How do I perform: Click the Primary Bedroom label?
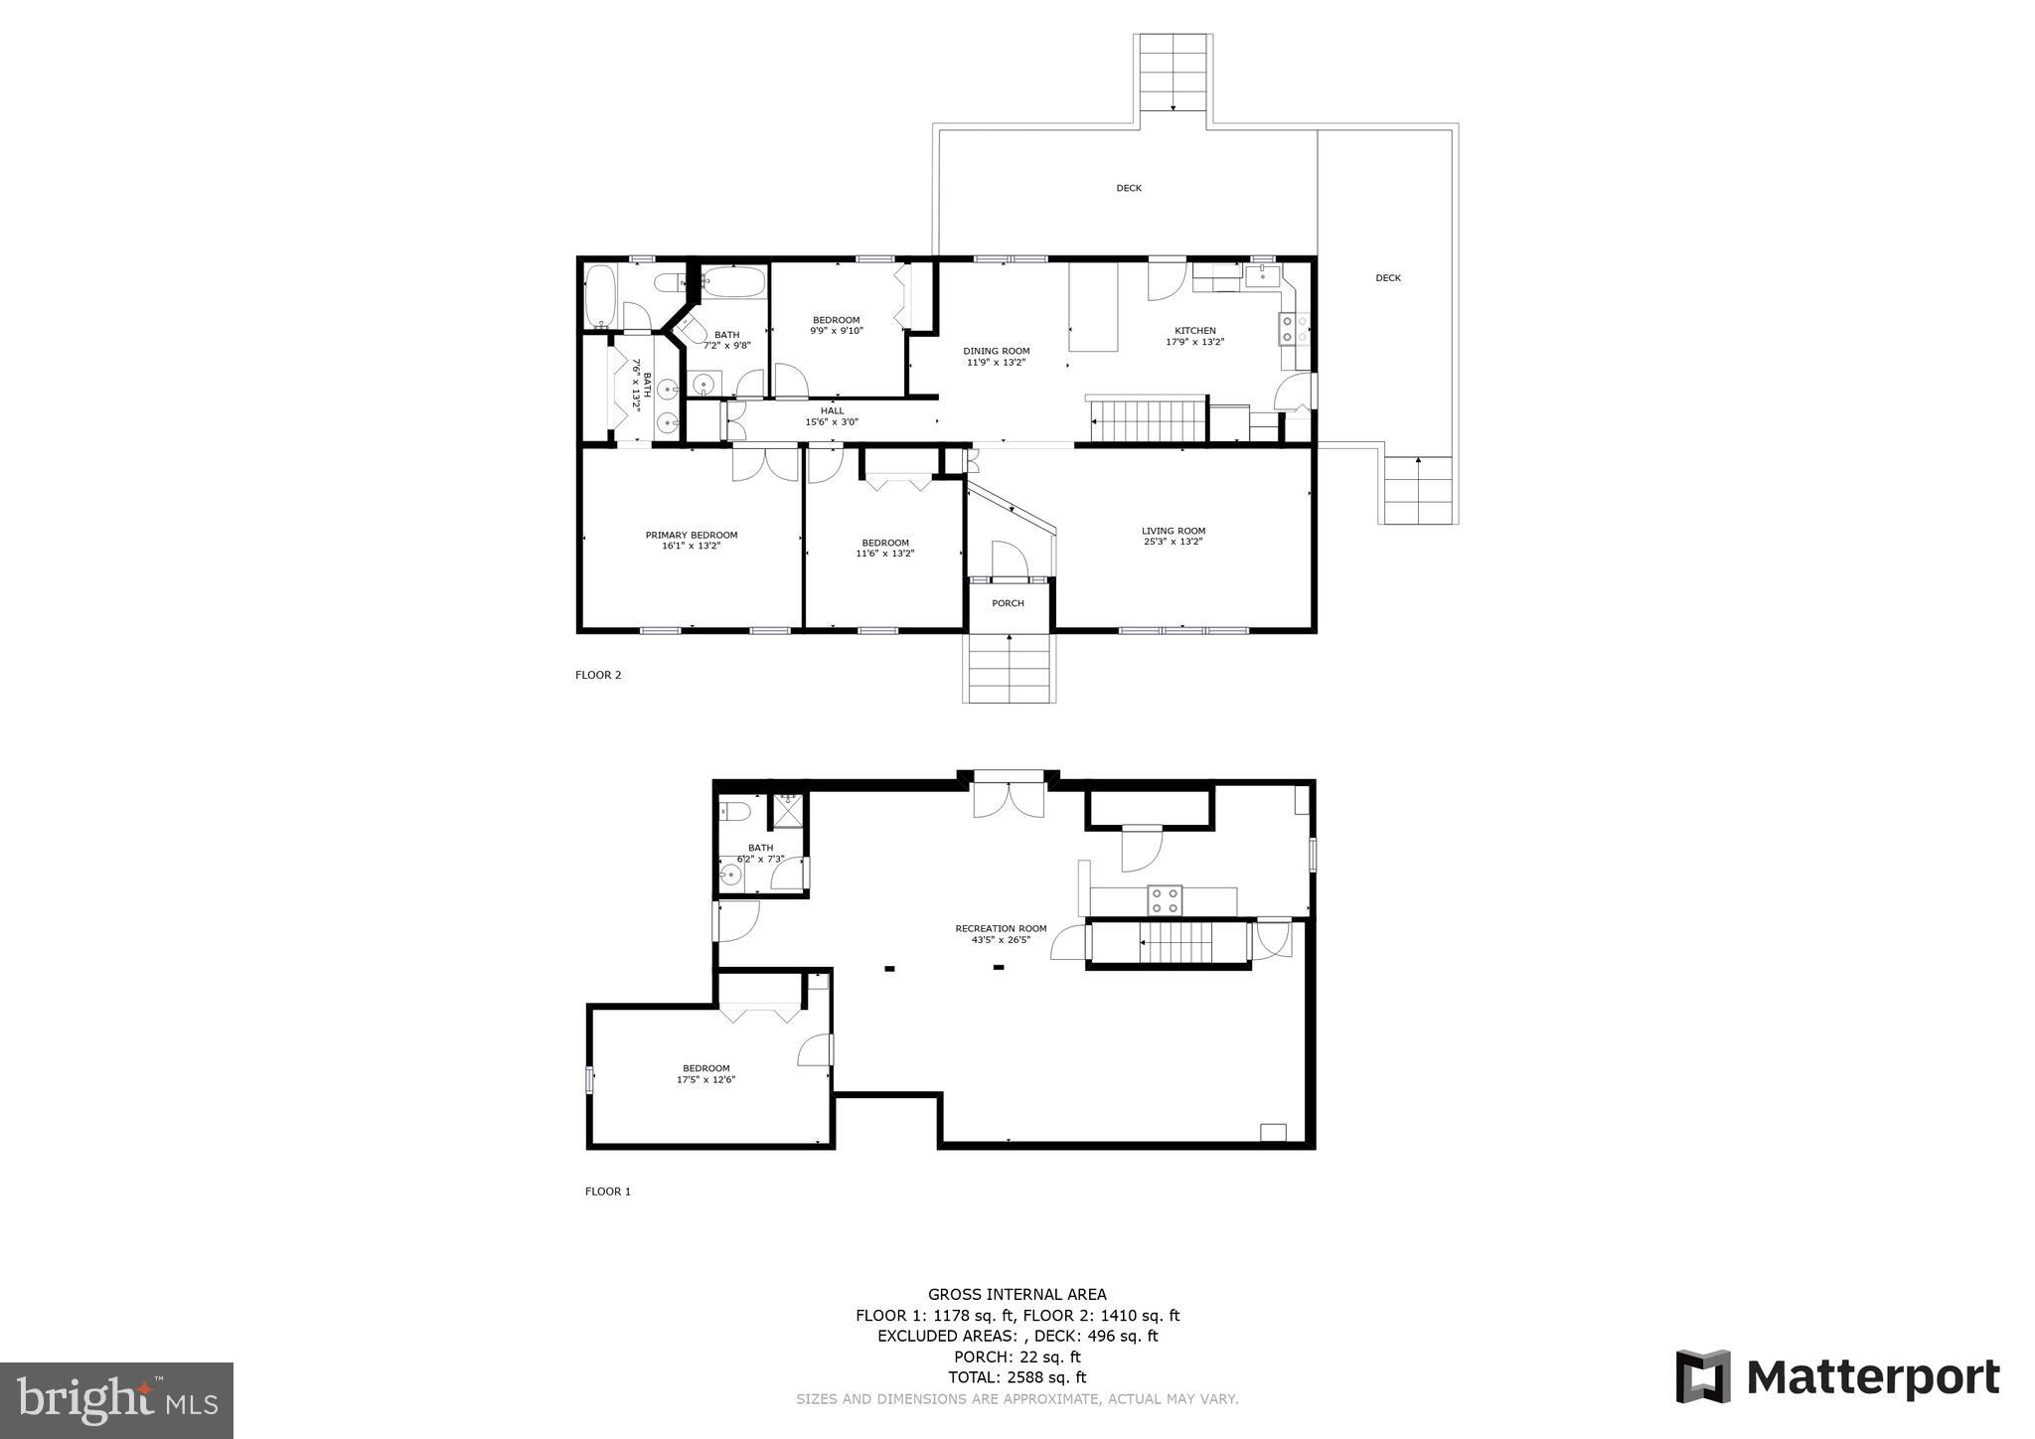point(691,536)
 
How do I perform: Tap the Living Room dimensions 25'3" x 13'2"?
point(1173,543)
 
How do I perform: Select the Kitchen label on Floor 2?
point(1194,331)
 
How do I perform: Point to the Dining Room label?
point(996,351)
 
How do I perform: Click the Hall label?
point(832,410)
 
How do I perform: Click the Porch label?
point(1008,603)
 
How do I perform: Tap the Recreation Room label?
point(1001,929)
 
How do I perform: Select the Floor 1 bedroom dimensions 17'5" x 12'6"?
point(705,1080)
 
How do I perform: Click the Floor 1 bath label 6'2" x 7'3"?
point(760,859)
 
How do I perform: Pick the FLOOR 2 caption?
point(598,675)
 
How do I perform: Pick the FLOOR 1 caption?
point(607,1192)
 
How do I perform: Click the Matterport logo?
point(1837,1377)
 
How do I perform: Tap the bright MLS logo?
point(116,1400)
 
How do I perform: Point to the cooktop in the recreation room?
point(1165,900)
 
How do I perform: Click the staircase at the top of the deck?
point(1173,72)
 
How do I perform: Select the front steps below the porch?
point(1009,668)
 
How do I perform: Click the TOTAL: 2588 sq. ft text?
point(1017,1377)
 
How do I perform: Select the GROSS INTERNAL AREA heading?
point(1017,1294)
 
